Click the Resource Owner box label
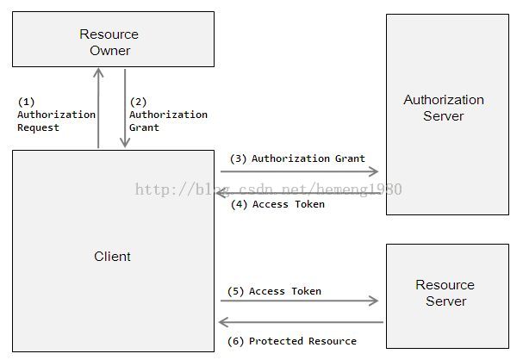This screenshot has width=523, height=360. pos(109,42)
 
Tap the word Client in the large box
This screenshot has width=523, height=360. pos(112,257)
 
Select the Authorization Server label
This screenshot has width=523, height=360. pos(444,108)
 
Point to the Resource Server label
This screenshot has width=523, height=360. pos(445,293)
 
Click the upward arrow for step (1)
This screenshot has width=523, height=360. pos(98,109)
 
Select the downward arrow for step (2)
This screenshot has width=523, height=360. pos(125,109)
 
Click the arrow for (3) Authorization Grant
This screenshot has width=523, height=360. pos(300,171)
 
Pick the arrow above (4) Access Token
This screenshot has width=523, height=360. pos(298,193)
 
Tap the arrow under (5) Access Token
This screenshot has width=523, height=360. pos(300,301)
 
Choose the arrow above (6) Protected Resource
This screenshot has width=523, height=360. pos(301,322)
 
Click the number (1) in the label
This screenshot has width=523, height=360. pos(26,102)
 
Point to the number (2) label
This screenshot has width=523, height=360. pos(138,102)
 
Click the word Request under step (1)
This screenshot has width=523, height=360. pos(38,127)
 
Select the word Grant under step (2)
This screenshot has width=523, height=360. pos(144,127)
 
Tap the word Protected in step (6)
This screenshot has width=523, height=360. pos(276,341)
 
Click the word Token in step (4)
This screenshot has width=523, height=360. pos(309,204)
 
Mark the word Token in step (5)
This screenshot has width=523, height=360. pos(306,291)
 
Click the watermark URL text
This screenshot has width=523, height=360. pos(269,189)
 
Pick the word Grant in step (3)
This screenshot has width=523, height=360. pos(350,158)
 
